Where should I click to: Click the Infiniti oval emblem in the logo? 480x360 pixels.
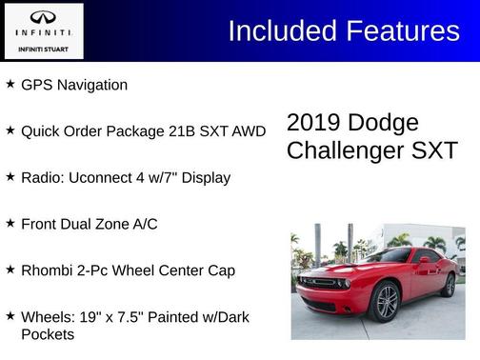pyautogui.click(x=43, y=17)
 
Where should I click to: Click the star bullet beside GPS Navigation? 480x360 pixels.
pyautogui.click(x=10, y=84)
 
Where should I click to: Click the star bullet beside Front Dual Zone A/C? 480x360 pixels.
pyautogui.click(x=10, y=222)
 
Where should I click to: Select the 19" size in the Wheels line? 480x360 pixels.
pyautogui.click(x=90, y=317)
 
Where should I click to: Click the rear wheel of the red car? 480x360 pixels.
pyautogui.click(x=450, y=285)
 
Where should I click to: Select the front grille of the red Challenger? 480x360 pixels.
pyautogui.click(x=319, y=283)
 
